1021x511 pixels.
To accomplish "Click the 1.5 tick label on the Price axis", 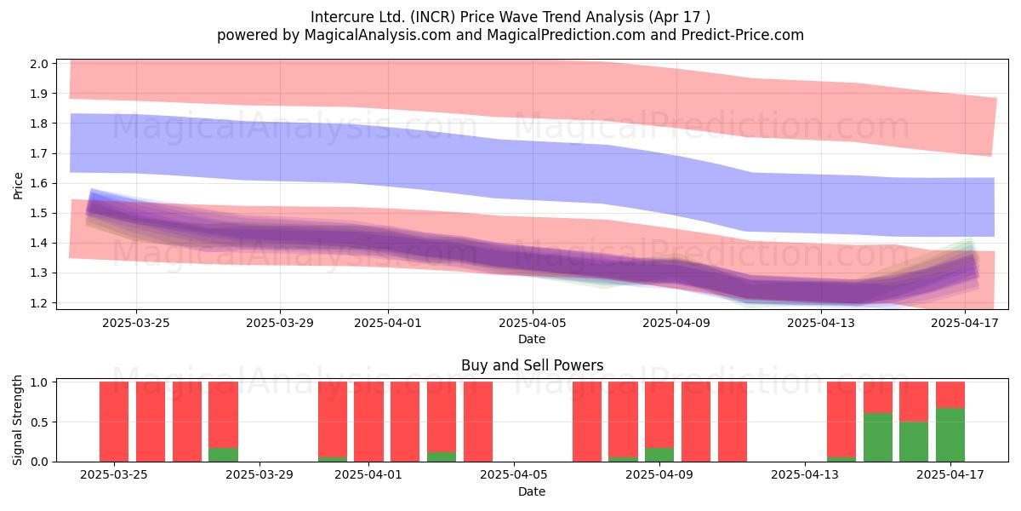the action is pos(39,214).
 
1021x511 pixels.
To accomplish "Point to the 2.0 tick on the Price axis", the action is pos(39,64).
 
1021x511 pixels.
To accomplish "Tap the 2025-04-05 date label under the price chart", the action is pos(532,323).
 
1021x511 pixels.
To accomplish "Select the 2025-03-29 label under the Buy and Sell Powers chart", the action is pos(260,475).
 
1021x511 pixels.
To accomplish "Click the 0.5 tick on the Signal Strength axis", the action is pos(39,422).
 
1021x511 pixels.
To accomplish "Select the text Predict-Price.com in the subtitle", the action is pos(743,35).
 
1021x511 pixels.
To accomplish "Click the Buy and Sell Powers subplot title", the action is pos(532,365).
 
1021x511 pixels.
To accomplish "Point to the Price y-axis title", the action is pos(18,186).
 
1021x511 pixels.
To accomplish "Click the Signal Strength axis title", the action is pos(17,420).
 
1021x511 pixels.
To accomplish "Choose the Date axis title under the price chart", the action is pos(532,339).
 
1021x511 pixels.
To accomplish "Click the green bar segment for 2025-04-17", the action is pos(950,435).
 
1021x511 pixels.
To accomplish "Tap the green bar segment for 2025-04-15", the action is pos(878,437).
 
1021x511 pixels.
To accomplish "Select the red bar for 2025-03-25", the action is pos(114,422).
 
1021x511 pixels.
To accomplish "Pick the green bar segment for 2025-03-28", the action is pos(223,455).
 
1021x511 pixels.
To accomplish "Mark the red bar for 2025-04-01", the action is pos(368,422).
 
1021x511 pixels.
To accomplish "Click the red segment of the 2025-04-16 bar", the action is pos(914,401).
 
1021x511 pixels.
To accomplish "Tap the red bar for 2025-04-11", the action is pos(733,422).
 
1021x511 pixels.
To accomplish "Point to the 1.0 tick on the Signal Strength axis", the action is pos(39,382).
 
